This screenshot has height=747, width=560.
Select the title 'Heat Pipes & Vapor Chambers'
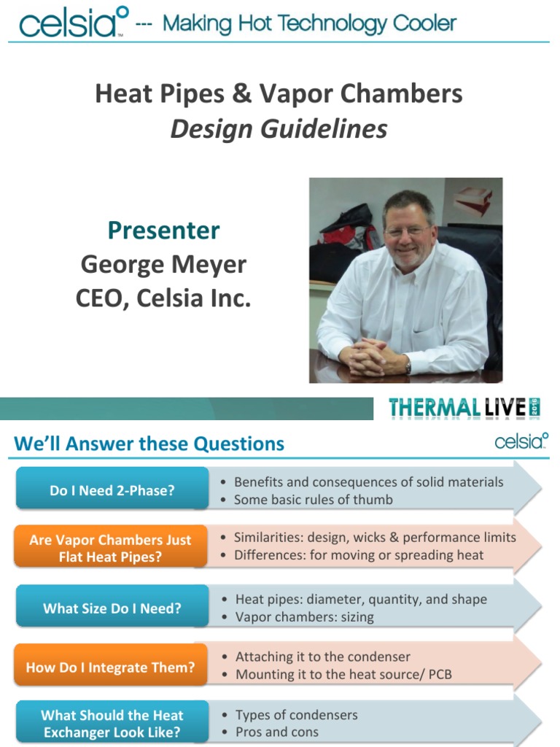coord(279,93)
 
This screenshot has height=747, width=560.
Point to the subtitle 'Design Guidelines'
coord(279,129)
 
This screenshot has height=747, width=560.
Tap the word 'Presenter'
coord(163,231)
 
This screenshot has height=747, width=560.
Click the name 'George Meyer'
coord(163,264)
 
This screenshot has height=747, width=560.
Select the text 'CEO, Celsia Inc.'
coord(163,298)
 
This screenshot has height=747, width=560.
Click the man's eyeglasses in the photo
coord(408,231)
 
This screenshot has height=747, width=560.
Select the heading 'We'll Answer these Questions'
coord(149,444)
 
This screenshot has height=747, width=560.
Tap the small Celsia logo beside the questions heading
coord(521,441)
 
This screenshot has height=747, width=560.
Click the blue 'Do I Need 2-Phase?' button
coord(112,491)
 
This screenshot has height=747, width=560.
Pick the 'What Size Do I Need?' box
coord(112,608)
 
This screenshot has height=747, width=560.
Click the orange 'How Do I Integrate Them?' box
coord(110,667)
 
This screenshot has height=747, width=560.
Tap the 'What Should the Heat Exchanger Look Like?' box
coord(112,724)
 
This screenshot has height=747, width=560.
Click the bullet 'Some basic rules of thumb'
coord(313,500)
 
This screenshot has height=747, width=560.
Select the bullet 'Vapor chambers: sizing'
coord(304,617)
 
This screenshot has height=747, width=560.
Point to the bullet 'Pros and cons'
coord(277,732)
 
